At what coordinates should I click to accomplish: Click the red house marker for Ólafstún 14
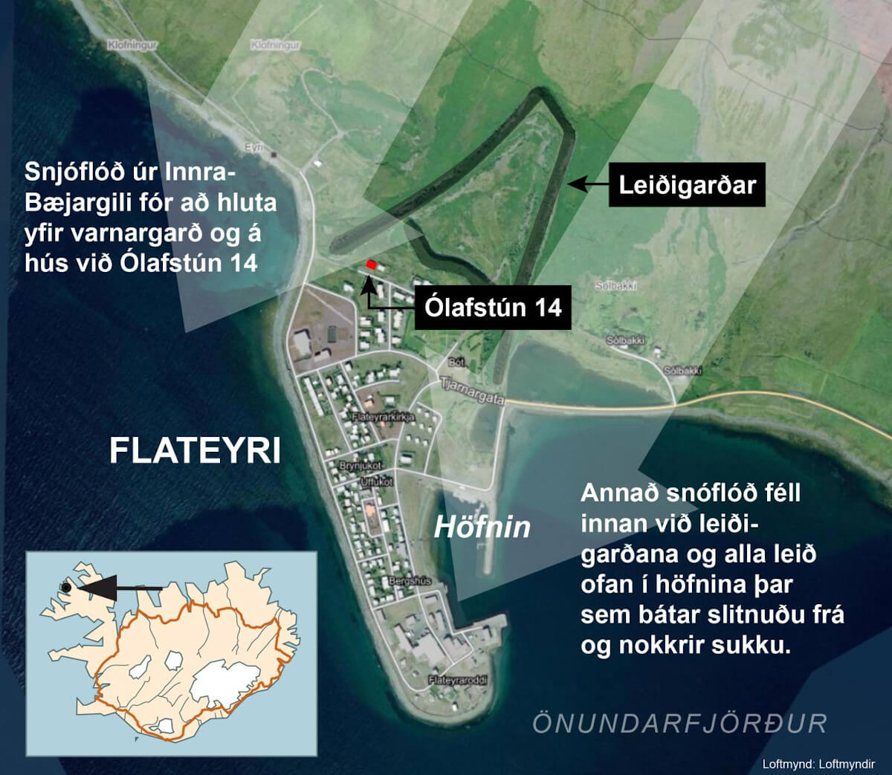[371, 265]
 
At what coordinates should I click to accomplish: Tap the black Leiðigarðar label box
[687, 184]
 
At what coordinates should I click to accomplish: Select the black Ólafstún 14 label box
[494, 307]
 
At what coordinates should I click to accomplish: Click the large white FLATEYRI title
[195, 450]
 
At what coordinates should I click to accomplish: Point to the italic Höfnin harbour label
[482, 527]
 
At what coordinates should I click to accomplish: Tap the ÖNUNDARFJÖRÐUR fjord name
[679, 723]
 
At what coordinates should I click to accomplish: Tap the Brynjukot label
[360, 465]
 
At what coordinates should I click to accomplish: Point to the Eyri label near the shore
[254, 148]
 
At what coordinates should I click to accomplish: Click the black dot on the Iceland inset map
[65, 588]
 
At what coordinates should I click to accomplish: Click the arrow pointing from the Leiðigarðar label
[586, 182]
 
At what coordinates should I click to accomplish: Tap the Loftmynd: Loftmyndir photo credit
[818, 763]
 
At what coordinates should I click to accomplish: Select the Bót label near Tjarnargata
[456, 362]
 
